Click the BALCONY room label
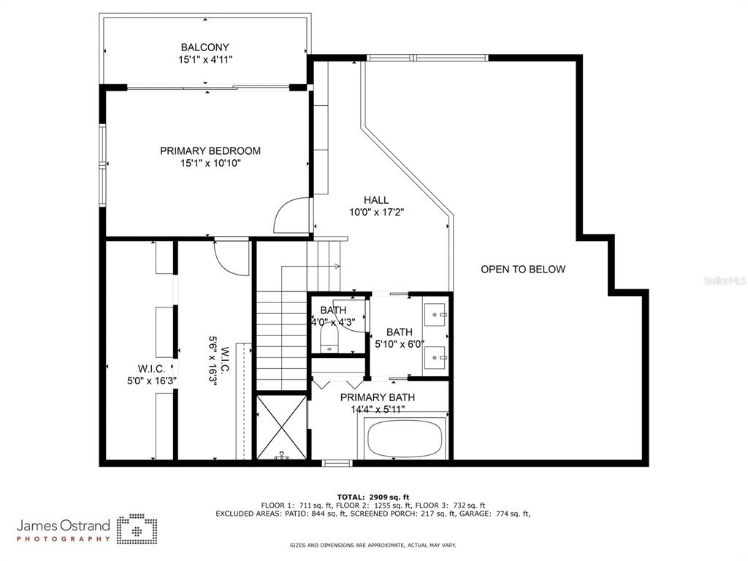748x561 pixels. (205, 47)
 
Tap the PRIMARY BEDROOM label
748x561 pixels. (210, 150)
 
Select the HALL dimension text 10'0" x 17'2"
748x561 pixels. (376, 212)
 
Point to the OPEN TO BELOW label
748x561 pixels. (523, 269)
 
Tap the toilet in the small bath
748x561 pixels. (329, 338)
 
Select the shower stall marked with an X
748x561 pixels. (281, 426)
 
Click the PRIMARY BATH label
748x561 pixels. (378, 397)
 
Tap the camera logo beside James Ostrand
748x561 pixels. (137, 530)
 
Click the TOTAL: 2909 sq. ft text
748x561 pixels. (373, 497)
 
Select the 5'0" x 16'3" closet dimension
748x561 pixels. (152, 381)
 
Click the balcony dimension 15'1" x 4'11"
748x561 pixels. (205, 60)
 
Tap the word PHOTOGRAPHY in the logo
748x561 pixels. (64, 539)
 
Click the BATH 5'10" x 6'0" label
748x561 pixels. (400, 337)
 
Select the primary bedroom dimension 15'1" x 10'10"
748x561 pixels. (210, 163)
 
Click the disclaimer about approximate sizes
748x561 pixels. (373, 545)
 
